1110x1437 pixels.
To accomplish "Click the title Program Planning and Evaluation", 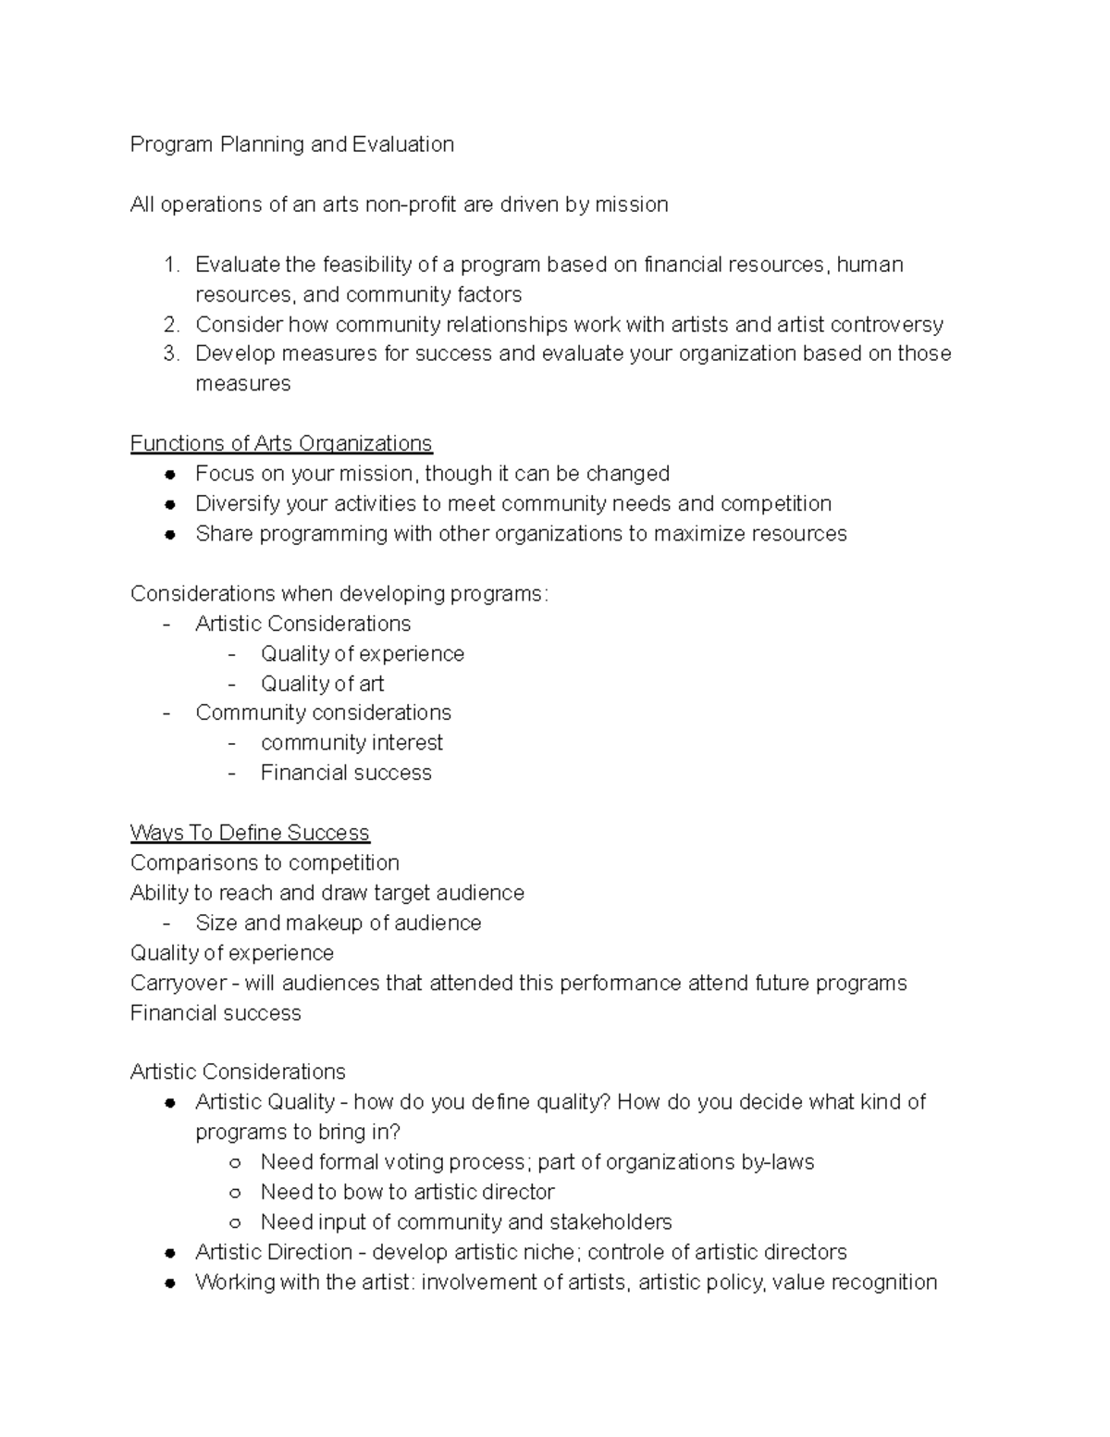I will pos(291,144).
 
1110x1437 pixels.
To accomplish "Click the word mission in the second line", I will pos(631,204).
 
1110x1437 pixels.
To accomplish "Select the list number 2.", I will pos(170,324).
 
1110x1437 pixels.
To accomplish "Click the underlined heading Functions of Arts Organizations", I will pos(281,443).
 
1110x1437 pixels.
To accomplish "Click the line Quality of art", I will pos(322,684).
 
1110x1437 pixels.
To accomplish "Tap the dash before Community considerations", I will pos(166,712).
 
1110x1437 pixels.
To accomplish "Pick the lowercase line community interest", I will pos(351,743).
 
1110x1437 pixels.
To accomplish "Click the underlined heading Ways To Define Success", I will pos(250,833).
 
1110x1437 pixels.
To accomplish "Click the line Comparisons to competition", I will pos(265,862).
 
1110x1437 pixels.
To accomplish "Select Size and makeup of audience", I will pos(338,923).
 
